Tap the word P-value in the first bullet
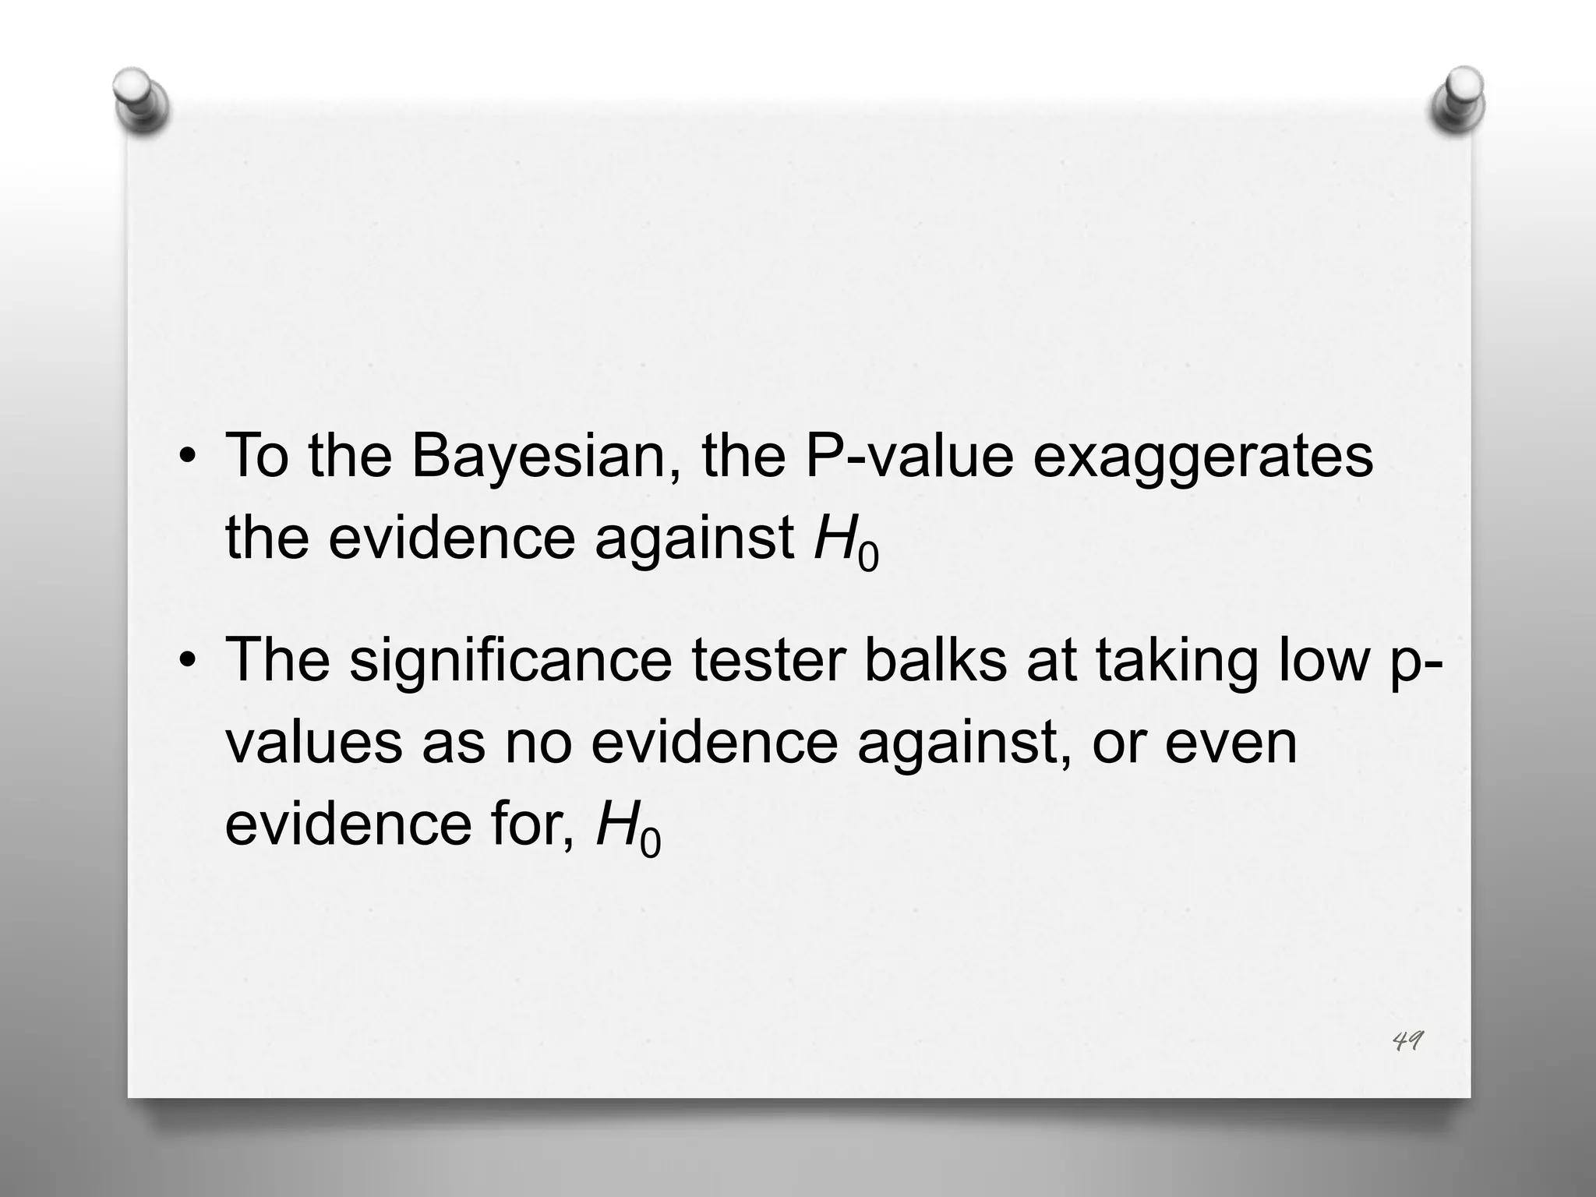909,456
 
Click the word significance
510,661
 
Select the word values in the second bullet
314,742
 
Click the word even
1231,743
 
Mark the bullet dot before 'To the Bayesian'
186,458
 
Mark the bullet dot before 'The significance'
186,662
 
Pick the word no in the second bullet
538,743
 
